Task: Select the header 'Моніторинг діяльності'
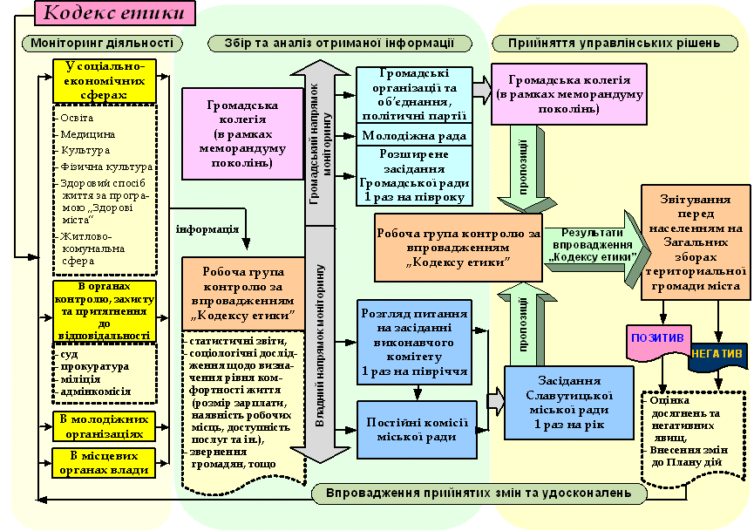pyautogui.click(x=104, y=43)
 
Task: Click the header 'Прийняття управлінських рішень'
pyautogui.click(x=607, y=43)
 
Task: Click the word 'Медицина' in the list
pyautogui.click(x=88, y=134)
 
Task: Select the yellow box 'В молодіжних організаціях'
pyautogui.click(x=104, y=425)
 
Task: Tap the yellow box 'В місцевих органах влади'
pyautogui.click(x=104, y=462)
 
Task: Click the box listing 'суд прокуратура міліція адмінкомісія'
pyautogui.click(x=104, y=372)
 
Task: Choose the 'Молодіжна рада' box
pyautogui.click(x=414, y=136)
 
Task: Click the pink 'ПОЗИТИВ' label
pyautogui.click(x=659, y=337)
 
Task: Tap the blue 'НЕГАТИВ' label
pyautogui.click(x=718, y=354)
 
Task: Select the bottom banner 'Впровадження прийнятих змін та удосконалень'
pyautogui.click(x=479, y=493)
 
